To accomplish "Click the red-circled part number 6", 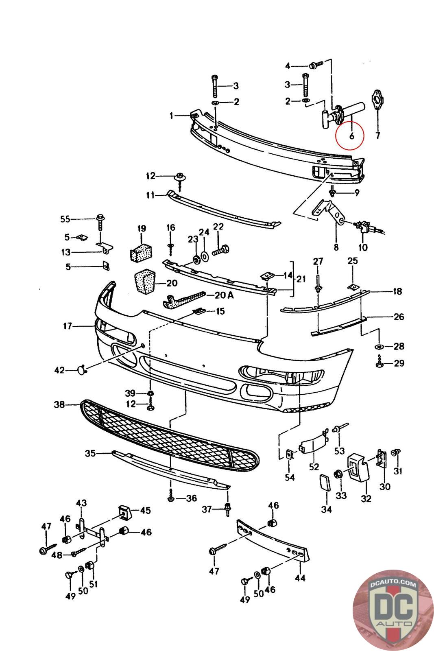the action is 351,136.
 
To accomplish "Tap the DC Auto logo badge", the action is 393,610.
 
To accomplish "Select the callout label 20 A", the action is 224,295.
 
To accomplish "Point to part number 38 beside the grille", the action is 59,404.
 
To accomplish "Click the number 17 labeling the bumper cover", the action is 68,326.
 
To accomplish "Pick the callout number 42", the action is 59,370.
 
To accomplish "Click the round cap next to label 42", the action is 81,370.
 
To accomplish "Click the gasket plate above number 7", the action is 377,100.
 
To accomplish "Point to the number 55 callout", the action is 65,219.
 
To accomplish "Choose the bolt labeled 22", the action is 221,250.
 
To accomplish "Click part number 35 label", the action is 90,453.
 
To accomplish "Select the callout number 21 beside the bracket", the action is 301,279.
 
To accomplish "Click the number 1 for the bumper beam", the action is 171,116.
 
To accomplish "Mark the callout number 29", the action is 399,363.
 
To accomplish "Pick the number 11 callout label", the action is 150,195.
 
